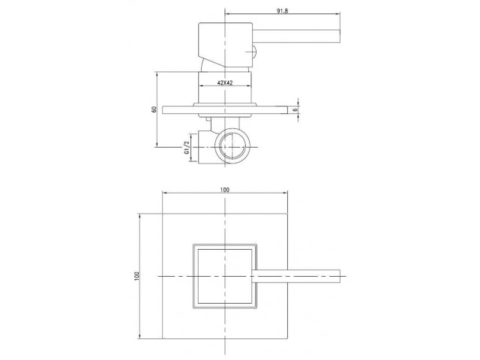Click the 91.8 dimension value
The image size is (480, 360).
282,10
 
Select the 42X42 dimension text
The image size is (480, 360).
225,82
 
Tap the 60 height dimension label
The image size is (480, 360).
154,109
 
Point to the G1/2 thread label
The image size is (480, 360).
186,148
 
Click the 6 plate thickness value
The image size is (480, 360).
295,109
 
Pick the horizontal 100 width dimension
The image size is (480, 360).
225,190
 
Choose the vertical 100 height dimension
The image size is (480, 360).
136,276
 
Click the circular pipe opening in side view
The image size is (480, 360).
232,147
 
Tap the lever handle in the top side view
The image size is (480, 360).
296,37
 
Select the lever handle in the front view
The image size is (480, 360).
295,276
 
